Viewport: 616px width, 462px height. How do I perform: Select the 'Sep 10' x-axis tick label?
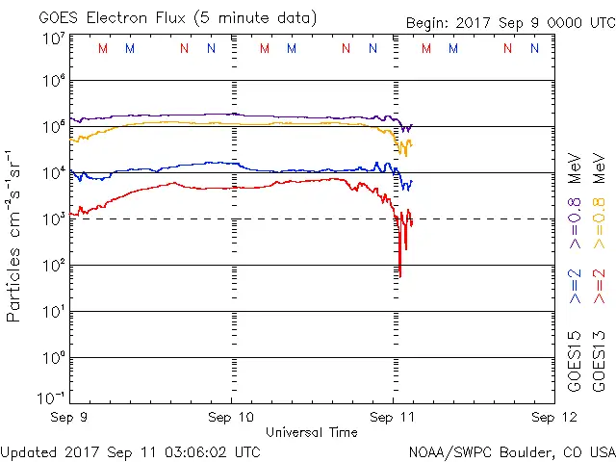coord(232,418)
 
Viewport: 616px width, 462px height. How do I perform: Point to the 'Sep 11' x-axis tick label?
coord(394,418)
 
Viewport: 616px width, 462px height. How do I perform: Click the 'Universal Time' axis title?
coord(312,432)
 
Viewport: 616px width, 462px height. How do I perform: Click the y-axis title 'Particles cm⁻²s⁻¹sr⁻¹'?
coord(15,235)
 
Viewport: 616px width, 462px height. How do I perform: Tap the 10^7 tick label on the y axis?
coord(53,39)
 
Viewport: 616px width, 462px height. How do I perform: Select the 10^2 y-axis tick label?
coord(53,265)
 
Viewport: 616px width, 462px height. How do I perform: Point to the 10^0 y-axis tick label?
coord(53,357)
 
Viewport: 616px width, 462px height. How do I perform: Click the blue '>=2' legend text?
coord(575,286)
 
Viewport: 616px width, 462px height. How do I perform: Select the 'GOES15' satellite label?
coord(575,361)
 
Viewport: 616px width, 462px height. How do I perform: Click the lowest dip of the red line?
coord(399,275)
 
